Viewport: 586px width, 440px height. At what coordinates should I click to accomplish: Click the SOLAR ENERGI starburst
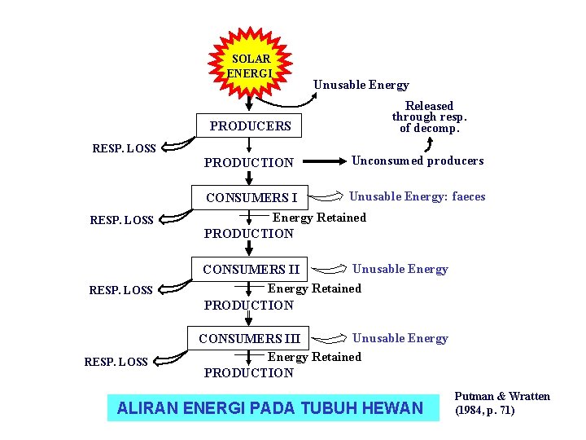[251, 64]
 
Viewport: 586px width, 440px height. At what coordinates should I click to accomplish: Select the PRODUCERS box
[250, 126]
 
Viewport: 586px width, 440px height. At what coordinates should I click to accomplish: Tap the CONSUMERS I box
[251, 197]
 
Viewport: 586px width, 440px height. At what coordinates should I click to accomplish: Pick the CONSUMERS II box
[251, 269]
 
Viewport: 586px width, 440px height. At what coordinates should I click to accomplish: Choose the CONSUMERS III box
[250, 338]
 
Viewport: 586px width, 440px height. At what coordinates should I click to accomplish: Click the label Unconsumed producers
[417, 161]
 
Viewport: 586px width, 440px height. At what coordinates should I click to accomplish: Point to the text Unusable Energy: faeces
[417, 196]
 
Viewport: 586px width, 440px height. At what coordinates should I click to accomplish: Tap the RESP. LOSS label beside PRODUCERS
[125, 148]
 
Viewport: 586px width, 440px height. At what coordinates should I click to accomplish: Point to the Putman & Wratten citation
[502, 403]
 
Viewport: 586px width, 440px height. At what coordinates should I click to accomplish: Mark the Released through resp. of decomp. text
[429, 117]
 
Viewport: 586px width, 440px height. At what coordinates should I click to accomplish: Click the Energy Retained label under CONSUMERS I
[319, 218]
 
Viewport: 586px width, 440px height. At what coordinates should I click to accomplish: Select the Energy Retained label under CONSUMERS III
[314, 357]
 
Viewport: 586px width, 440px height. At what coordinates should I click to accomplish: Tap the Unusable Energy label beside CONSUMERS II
[400, 269]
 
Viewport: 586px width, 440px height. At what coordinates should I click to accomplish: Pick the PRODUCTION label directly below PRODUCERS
[248, 162]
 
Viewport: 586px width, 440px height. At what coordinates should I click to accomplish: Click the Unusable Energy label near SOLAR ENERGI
[361, 85]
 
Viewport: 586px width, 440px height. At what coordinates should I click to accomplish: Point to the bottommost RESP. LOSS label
[116, 362]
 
